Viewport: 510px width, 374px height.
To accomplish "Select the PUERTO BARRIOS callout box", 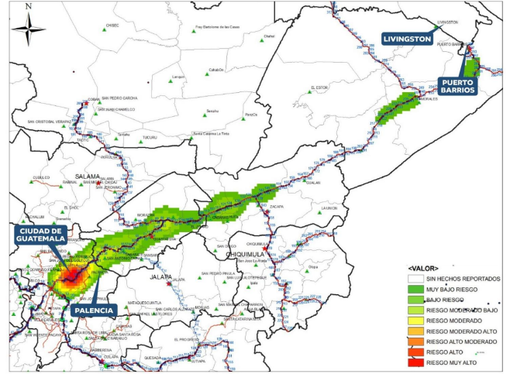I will [456, 85].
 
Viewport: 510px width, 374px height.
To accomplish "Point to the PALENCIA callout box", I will [95, 310].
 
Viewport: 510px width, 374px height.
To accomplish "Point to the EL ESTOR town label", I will [319, 87].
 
